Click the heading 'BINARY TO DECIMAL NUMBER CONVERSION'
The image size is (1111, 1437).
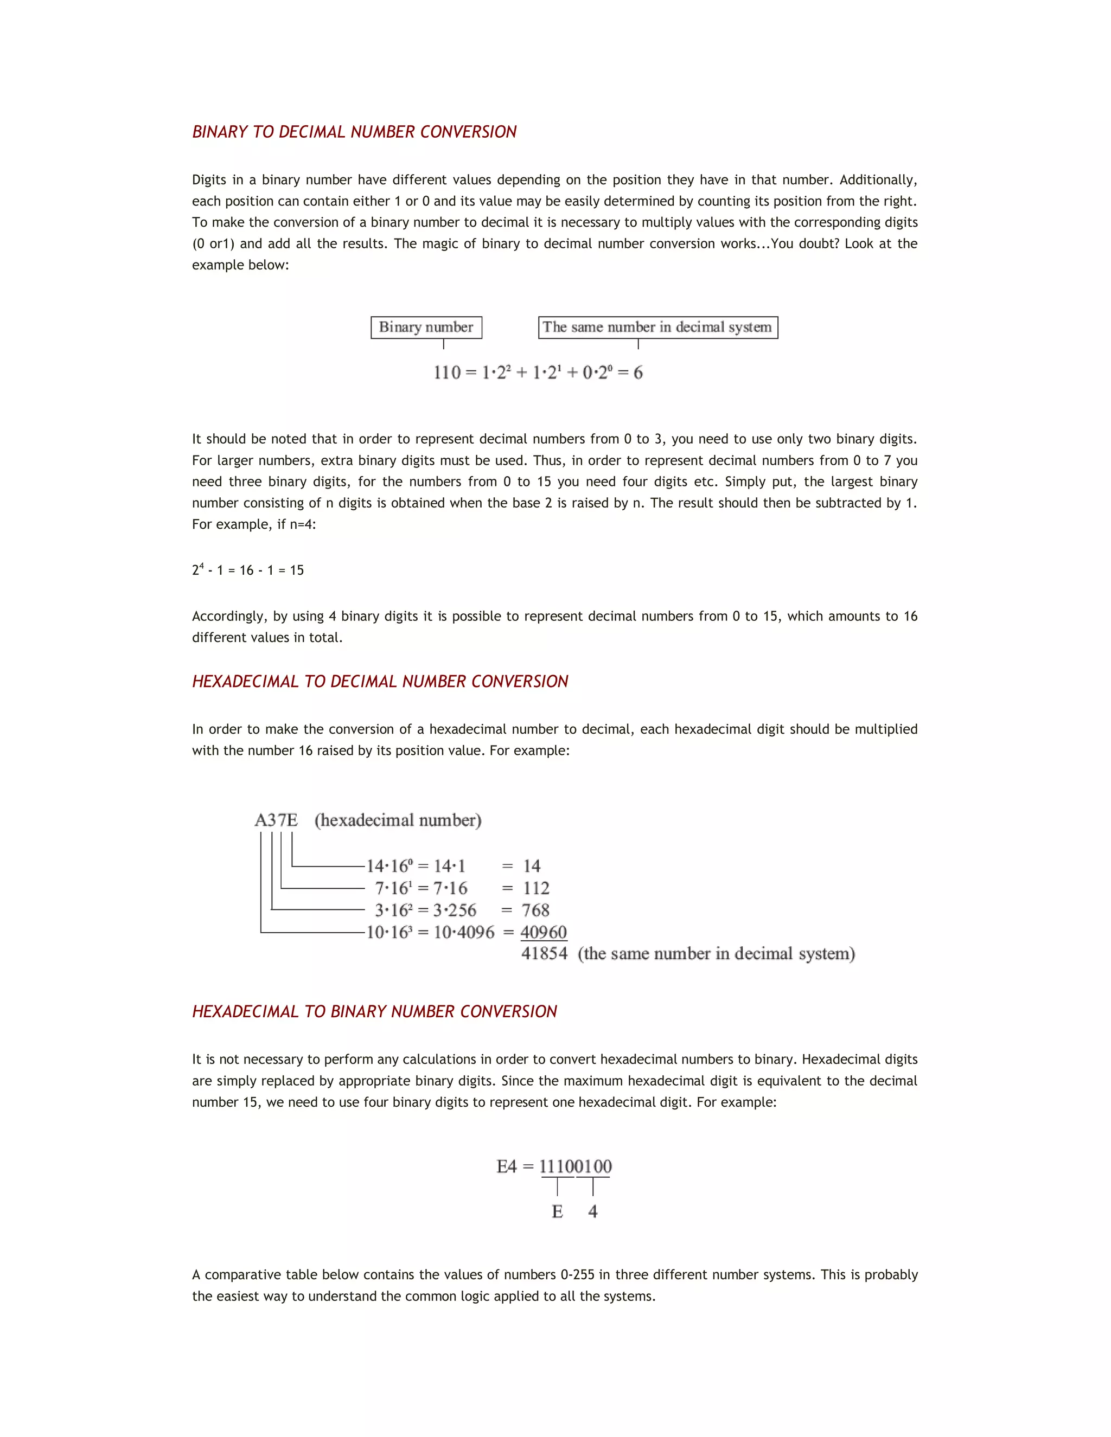tap(354, 132)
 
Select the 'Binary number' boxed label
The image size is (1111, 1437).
tap(426, 327)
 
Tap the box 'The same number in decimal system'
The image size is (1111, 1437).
tap(657, 327)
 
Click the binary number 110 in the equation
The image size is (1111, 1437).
tap(447, 373)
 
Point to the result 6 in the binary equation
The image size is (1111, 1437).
tap(638, 373)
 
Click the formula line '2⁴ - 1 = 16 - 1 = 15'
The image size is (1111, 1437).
tap(248, 570)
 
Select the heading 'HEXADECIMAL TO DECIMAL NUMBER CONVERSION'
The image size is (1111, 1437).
tap(380, 682)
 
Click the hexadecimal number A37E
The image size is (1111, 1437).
tap(276, 820)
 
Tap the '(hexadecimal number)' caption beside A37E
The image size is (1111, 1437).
tap(398, 820)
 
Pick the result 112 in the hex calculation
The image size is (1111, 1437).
tap(536, 888)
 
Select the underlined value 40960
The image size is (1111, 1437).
tap(544, 932)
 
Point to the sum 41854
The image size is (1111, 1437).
tap(544, 954)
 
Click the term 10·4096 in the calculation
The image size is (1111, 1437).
tap(464, 932)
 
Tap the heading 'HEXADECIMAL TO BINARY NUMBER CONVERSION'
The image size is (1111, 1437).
tap(374, 1012)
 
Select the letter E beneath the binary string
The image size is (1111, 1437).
tap(558, 1212)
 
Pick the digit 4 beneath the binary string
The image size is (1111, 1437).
tap(593, 1212)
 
